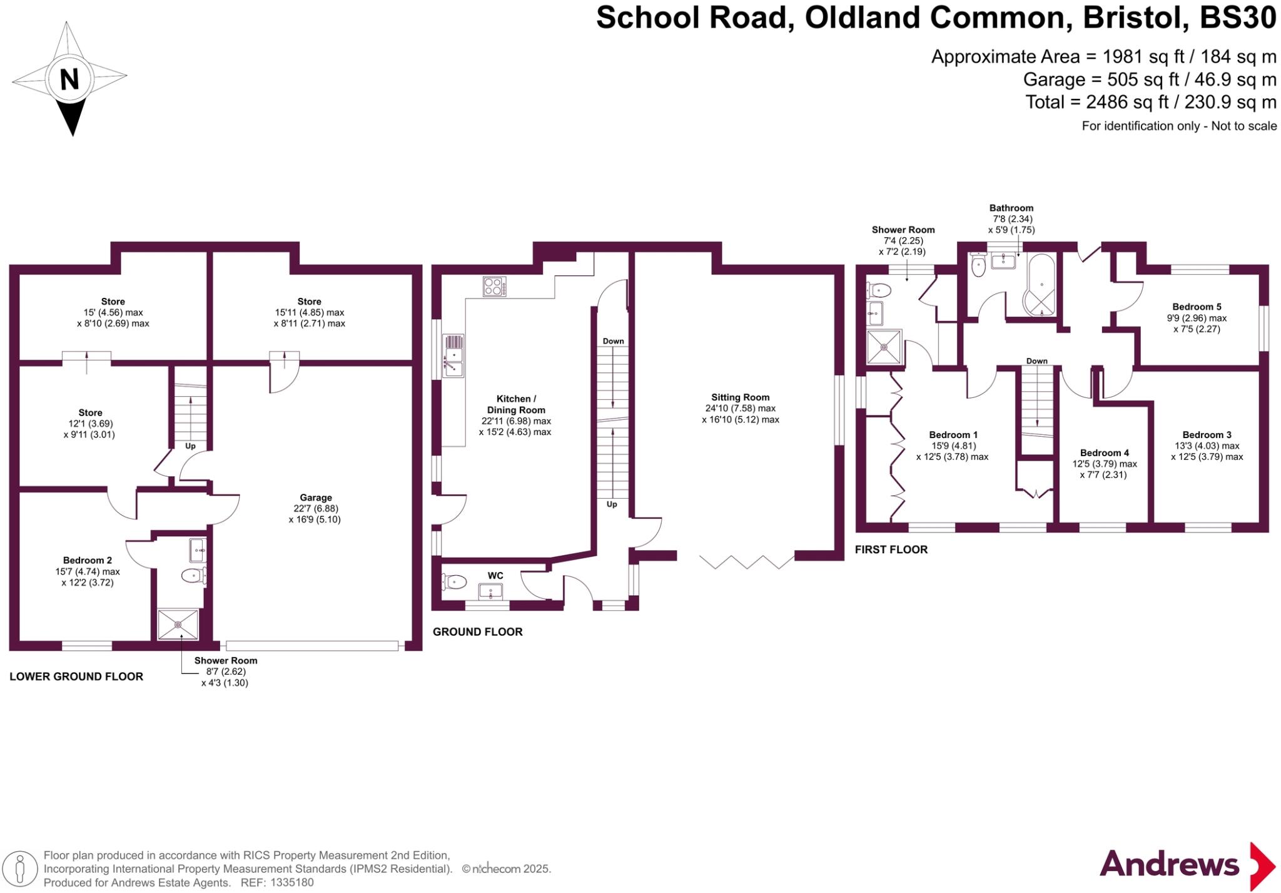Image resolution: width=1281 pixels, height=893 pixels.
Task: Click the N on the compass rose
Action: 69,79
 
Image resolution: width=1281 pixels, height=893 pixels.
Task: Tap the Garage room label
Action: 315,498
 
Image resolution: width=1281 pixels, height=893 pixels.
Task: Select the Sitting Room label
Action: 740,397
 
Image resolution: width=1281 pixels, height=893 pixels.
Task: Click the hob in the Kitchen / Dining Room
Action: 494,287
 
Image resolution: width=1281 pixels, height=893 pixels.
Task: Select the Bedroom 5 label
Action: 1196,307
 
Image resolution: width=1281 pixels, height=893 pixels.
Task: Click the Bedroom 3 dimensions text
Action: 1207,451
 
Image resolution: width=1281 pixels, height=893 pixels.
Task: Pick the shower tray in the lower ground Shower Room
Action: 178,624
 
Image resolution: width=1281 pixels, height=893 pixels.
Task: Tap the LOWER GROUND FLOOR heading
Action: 76,676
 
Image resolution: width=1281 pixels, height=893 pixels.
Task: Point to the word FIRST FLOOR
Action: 891,549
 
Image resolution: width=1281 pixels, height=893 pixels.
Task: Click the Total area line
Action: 1150,102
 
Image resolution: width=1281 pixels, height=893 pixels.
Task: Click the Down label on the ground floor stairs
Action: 613,341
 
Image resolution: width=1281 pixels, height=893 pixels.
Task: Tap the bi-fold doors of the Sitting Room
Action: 747,561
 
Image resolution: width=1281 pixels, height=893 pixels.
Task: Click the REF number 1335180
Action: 291,883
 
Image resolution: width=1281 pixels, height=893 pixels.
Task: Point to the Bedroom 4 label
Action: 1104,452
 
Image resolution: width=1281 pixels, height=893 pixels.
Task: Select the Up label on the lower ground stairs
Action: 190,446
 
